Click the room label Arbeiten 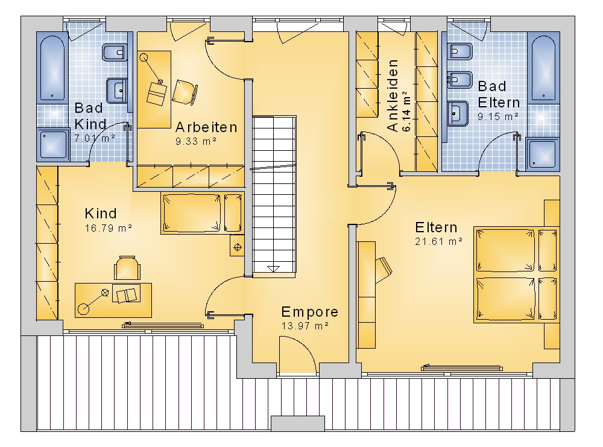pyautogui.click(x=206, y=127)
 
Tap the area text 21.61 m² pyautogui.click(x=438, y=241)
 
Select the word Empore pyautogui.click(x=309, y=312)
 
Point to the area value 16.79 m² pyautogui.click(x=108, y=228)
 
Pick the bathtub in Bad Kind pyautogui.click(x=52, y=68)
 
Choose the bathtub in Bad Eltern pyautogui.click(x=543, y=68)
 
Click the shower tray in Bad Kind pyautogui.click(x=53, y=145)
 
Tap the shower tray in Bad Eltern pyautogui.click(x=543, y=154)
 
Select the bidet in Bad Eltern pyautogui.click(x=459, y=80)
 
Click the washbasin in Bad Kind pyautogui.click(x=116, y=90)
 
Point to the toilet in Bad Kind pyautogui.click(x=115, y=52)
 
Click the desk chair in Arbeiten pyautogui.click(x=185, y=92)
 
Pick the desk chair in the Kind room pyautogui.click(x=127, y=268)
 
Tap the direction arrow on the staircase pyautogui.click(x=274, y=269)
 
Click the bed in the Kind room pyautogui.click(x=203, y=213)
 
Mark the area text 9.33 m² pyautogui.click(x=196, y=141)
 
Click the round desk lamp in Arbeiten pyautogui.click(x=144, y=58)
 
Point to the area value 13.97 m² pyautogui.click(x=305, y=326)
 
